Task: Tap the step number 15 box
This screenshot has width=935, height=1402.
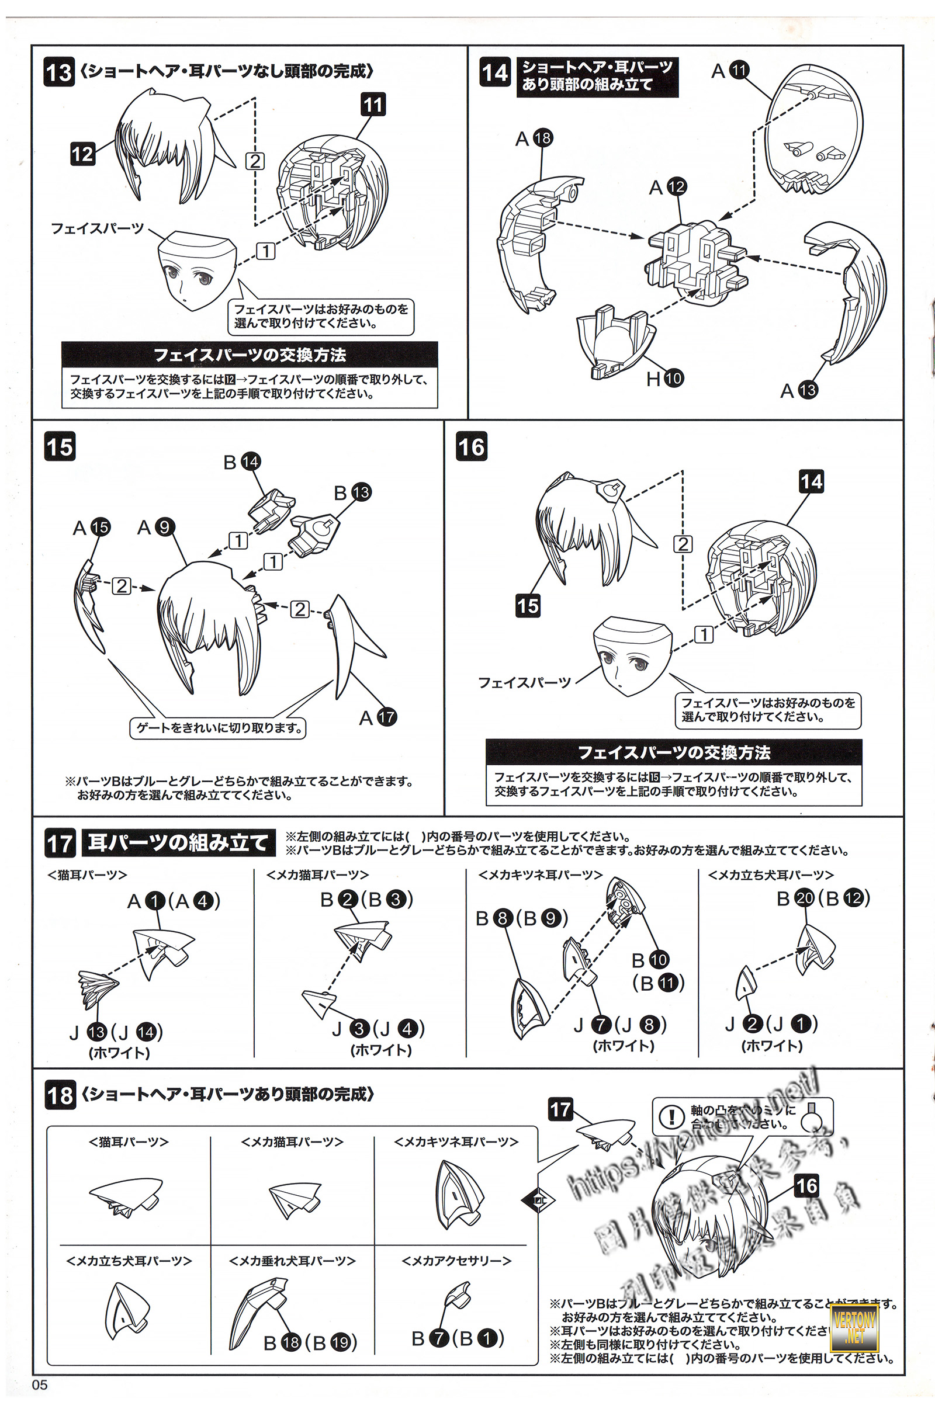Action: tap(60, 446)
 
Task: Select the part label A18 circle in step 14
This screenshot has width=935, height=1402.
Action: tap(543, 138)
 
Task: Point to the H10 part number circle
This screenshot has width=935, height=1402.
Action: tap(673, 377)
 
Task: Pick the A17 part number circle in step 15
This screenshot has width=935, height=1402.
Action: tap(386, 717)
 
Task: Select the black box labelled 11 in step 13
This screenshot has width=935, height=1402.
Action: tap(373, 105)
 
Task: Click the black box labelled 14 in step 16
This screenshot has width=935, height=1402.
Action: tap(811, 481)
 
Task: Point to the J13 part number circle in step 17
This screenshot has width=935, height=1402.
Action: tap(96, 1031)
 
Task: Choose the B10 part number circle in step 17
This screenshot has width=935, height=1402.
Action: tap(659, 960)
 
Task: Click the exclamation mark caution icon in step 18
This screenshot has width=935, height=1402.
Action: tap(672, 1116)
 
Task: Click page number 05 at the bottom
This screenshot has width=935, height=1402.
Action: tap(40, 1384)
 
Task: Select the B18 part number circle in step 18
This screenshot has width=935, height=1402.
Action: tap(291, 1342)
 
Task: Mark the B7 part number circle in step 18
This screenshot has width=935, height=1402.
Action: tap(439, 1338)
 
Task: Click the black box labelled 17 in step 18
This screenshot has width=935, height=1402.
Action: tap(560, 1109)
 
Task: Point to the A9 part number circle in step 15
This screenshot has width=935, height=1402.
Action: tap(165, 527)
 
